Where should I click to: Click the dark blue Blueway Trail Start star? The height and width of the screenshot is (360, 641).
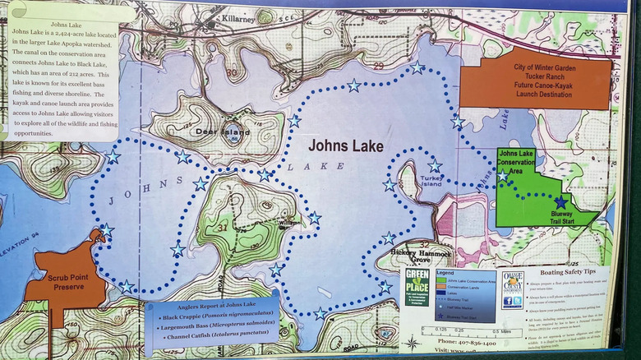click(x=560, y=201)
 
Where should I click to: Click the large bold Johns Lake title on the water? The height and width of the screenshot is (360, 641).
click(x=346, y=146)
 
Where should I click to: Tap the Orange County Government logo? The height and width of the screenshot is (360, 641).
click(x=513, y=289)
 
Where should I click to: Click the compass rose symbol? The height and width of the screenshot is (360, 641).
click(x=410, y=341)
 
